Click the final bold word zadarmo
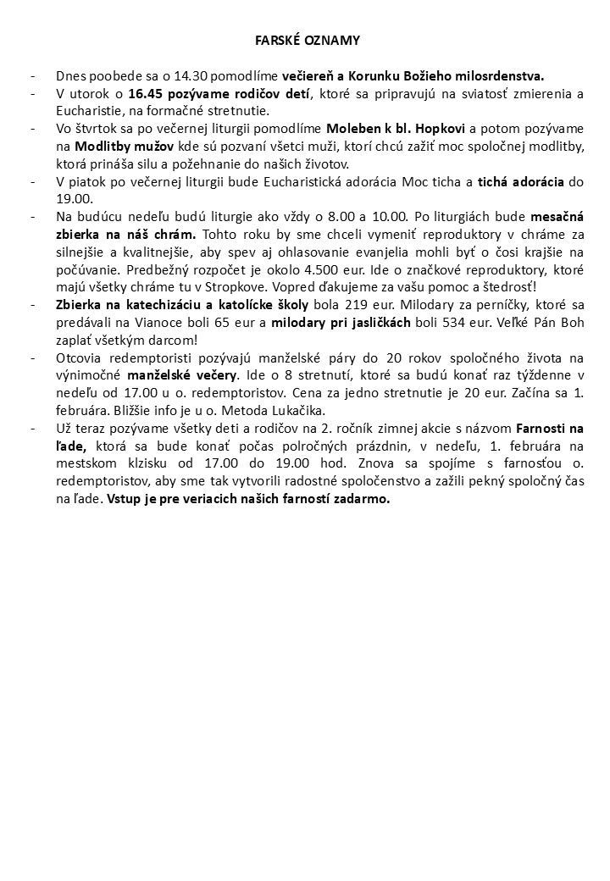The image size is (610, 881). (363, 500)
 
